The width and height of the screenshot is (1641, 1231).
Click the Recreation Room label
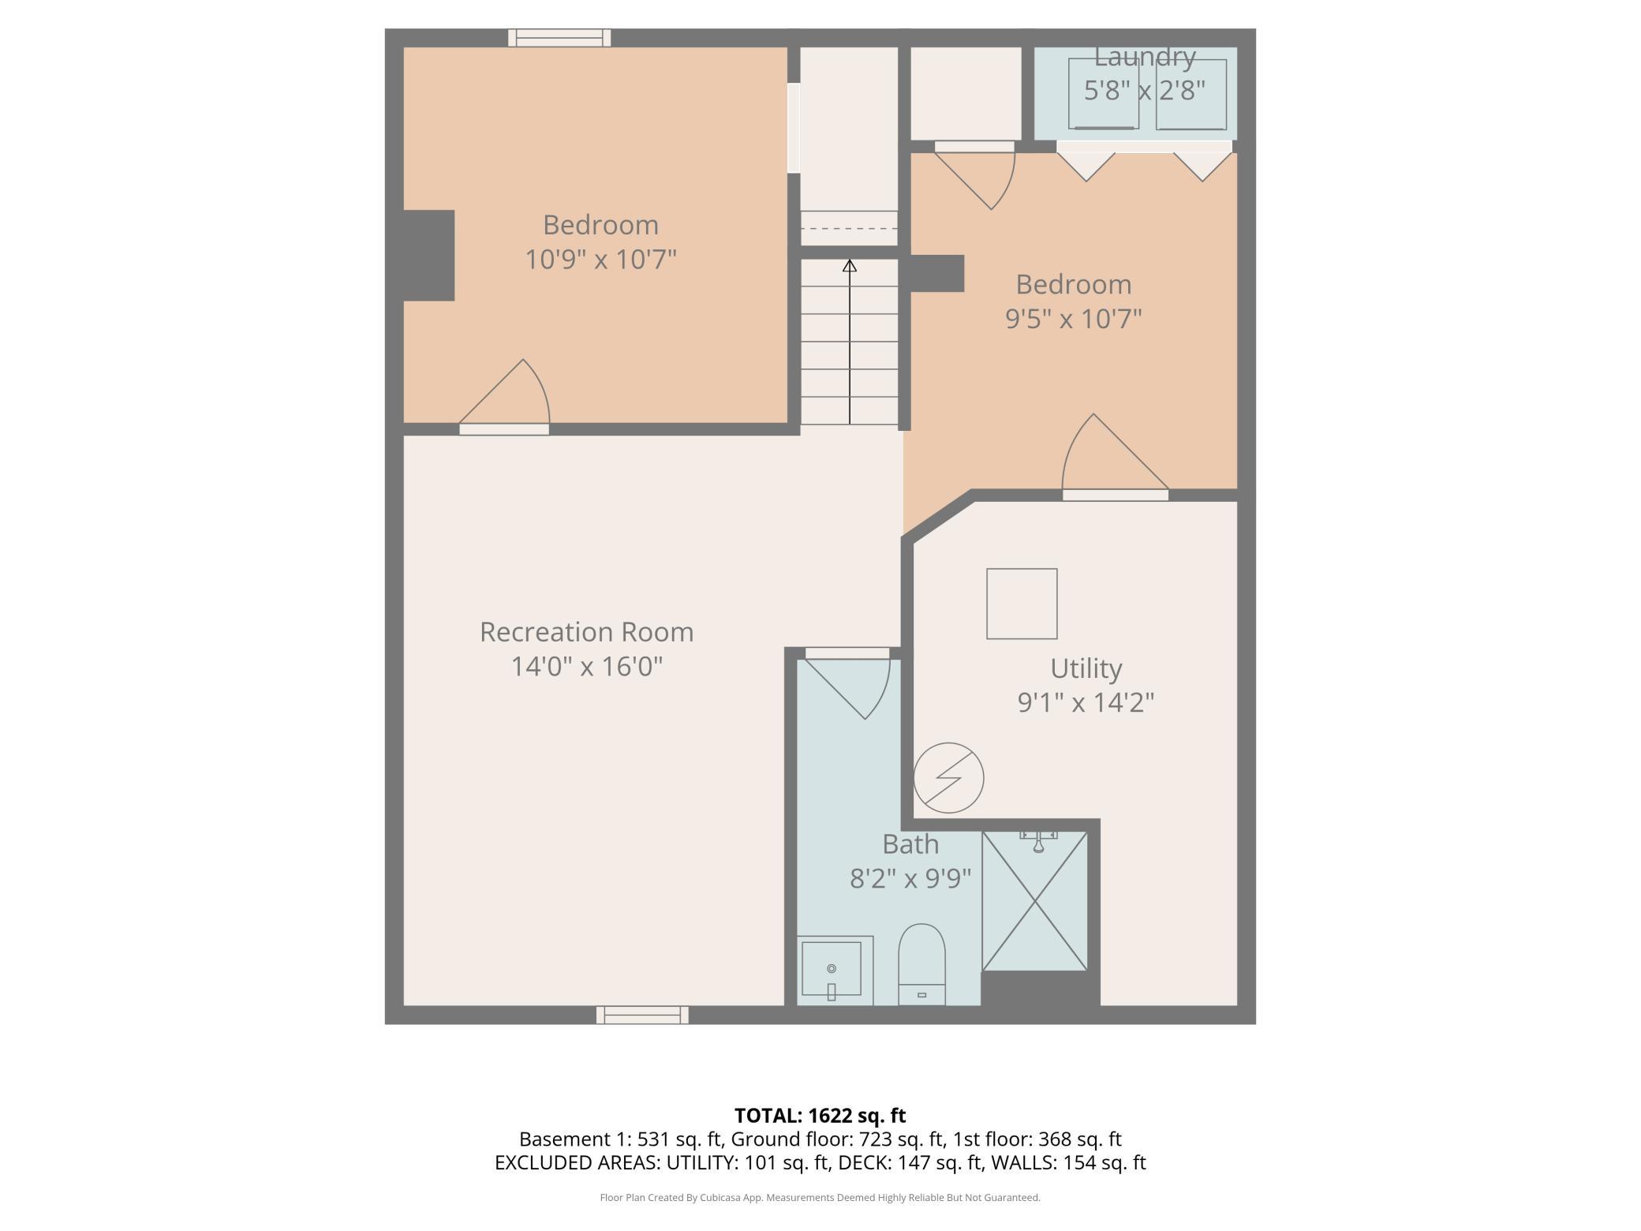tap(586, 632)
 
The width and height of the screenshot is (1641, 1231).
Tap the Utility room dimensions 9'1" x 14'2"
tap(1086, 702)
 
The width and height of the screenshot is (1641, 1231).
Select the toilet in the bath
tap(921, 964)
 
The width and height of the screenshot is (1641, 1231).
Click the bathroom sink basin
tap(832, 970)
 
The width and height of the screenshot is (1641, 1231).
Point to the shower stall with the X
tap(1034, 900)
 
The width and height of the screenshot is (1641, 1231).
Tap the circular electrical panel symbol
tap(949, 777)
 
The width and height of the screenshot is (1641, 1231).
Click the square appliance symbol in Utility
tap(1022, 604)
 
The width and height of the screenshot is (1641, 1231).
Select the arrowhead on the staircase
tap(849, 266)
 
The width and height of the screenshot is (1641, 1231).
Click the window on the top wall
tap(559, 37)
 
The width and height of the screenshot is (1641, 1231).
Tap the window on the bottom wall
tap(642, 1015)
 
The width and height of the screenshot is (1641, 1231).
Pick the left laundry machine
tap(1104, 93)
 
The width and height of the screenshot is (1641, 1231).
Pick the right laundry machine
tap(1191, 93)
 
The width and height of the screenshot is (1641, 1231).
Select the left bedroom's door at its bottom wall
tap(505, 395)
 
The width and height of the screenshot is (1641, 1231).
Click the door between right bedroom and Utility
tap(1115, 456)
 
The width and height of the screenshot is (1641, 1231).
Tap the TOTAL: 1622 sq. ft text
tap(820, 1116)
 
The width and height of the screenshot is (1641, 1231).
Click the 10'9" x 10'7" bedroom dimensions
tap(601, 259)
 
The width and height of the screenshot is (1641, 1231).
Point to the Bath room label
tap(910, 844)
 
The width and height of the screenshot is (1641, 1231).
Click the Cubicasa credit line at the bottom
tap(820, 1198)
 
